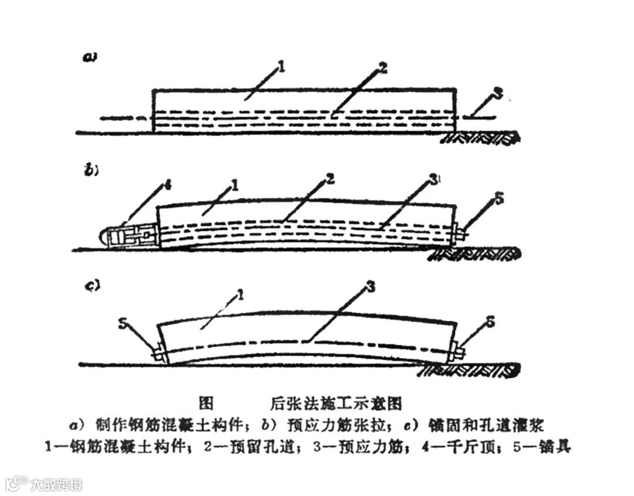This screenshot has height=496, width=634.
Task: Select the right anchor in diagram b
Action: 459,234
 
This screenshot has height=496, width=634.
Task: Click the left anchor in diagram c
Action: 158,355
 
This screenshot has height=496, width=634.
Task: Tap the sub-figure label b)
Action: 91,171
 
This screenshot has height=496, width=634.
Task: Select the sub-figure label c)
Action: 92,286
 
